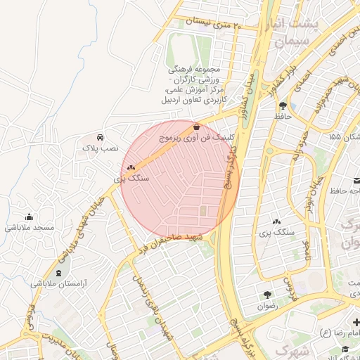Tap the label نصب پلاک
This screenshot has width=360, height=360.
[101, 149]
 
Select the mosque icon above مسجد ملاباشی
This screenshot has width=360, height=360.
[29, 217]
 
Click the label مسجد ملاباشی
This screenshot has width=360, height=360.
[30, 228]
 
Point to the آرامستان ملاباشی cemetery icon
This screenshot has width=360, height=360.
[58, 273]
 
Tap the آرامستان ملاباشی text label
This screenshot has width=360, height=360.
[58, 284]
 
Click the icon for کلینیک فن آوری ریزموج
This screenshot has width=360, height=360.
[195, 127]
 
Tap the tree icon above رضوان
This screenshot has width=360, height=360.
[267, 295]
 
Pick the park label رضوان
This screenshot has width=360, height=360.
[267, 307]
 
